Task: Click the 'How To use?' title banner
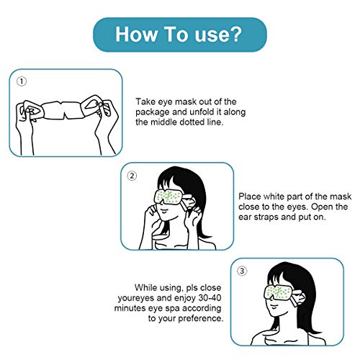coord(180,35)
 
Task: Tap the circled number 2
coord(132,175)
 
